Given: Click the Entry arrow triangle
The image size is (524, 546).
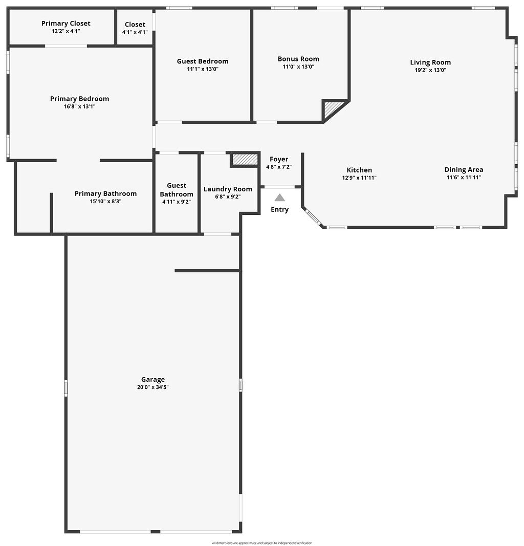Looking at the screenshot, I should (x=279, y=198).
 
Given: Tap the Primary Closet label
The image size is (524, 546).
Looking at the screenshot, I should (x=66, y=24).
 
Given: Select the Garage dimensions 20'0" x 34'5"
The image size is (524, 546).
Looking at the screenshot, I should (x=153, y=387).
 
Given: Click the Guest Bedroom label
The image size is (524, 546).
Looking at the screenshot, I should (x=203, y=61).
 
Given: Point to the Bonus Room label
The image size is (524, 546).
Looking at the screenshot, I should (x=298, y=59).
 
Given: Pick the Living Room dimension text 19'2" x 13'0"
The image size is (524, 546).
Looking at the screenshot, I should (x=430, y=70).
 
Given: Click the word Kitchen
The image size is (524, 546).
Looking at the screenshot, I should (x=359, y=170).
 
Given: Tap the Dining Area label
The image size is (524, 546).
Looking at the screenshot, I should (x=464, y=170).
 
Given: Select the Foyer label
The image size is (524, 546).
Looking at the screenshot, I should (x=279, y=159).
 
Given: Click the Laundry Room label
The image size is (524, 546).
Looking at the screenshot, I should (x=228, y=189).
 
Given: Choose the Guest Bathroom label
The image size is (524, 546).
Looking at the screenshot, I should (x=177, y=190).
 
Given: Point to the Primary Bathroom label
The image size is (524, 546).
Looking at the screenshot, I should (x=105, y=193).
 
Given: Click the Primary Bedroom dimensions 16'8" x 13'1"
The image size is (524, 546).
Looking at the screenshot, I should (x=79, y=106).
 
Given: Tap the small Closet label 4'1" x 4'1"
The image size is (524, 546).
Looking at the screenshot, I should (x=135, y=32).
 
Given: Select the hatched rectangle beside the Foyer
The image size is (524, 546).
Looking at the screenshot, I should (x=245, y=160).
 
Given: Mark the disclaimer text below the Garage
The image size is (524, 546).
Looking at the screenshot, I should (x=262, y=543).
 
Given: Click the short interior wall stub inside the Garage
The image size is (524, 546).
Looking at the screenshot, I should (x=207, y=270).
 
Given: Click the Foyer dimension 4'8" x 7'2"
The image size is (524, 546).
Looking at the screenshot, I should (x=279, y=167).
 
